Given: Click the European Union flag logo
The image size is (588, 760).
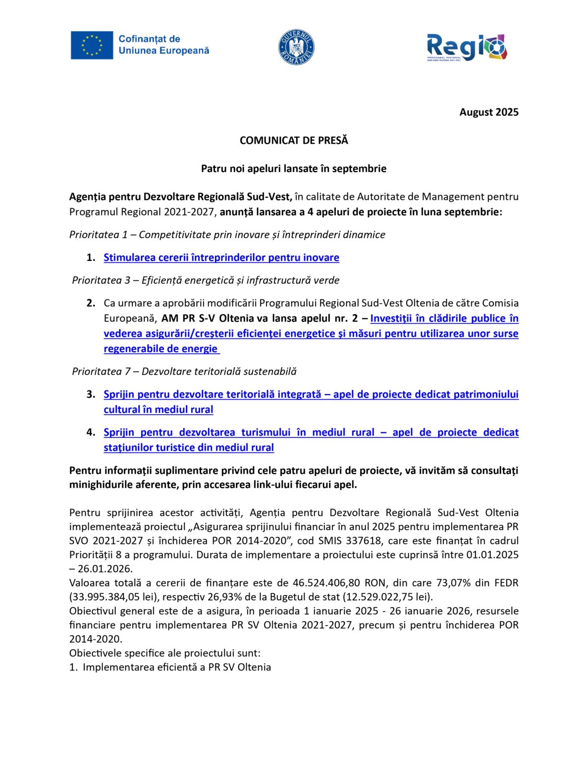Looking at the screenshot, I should [92, 46].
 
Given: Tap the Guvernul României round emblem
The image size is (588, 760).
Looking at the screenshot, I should [296, 47].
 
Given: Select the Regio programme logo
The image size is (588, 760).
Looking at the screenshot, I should [467, 47].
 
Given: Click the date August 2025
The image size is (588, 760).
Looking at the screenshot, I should [488, 112].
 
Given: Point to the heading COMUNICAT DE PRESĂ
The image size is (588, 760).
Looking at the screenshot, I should [294, 141].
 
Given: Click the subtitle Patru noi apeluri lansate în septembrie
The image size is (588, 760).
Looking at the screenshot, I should [294, 169].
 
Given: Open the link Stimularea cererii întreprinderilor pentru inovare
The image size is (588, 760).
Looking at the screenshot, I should [221, 258].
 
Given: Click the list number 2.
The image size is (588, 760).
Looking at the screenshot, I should [91, 303].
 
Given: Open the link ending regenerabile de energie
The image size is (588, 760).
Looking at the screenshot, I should [161, 349].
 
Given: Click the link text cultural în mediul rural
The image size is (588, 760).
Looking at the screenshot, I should [159, 410].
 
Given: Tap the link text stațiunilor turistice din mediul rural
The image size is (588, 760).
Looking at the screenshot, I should [189, 448].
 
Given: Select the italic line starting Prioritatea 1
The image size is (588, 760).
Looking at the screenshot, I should [227, 235].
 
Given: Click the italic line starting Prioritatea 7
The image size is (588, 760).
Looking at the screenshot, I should [184, 372].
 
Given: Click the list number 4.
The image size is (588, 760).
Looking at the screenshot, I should [91, 432].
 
